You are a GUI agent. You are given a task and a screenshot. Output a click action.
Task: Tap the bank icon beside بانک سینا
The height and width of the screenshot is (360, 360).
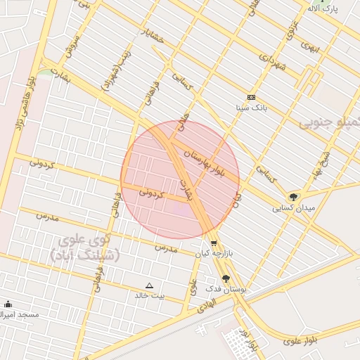point(252,97)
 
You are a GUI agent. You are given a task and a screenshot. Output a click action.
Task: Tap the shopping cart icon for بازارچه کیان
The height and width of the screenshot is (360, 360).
point(213,243)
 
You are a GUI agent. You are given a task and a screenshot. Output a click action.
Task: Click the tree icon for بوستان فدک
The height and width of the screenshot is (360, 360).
point(226,278)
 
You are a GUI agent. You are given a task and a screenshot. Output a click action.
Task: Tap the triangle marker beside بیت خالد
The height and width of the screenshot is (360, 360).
point(148,285)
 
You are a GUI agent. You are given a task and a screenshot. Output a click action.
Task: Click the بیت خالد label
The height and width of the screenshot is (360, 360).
point(150,295)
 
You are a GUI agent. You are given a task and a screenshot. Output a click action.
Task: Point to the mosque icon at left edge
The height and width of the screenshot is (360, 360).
point(8,304)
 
